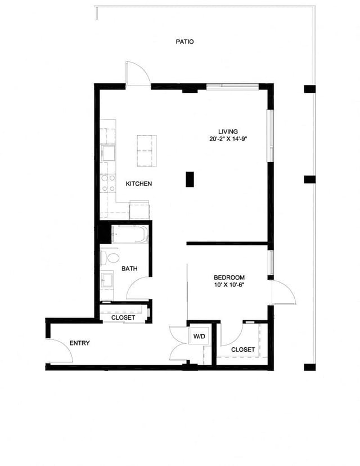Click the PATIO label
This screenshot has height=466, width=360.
(184, 42)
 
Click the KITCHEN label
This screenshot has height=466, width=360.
(138, 184)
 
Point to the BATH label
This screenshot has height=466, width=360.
(129, 269)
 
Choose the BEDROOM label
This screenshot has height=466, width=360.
(229, 277)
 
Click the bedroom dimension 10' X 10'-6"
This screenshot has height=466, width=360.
(229, 285)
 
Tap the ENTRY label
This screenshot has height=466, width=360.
(79, 343)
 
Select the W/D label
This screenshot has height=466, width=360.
(199, 337)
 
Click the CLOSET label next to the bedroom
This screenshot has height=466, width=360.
(243, 349)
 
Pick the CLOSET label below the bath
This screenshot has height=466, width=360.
(123, 318)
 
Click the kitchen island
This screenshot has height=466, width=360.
(145, 151)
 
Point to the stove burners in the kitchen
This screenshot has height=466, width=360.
(106, 182)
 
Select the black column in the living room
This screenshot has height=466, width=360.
(190, 179)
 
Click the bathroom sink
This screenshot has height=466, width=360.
(107, 279)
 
